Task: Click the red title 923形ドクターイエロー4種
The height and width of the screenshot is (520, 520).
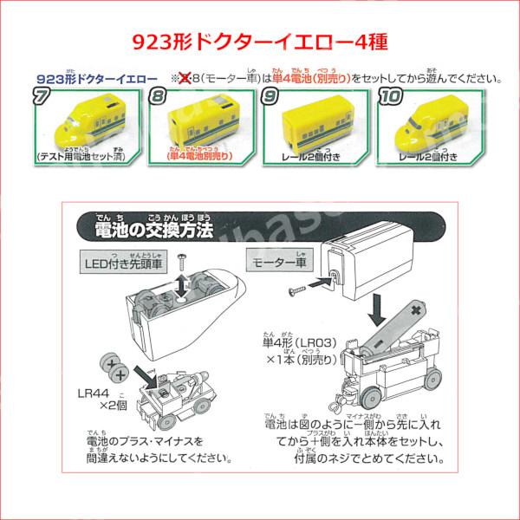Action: point(260,41)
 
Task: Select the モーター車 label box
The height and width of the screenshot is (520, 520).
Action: point(278,259)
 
